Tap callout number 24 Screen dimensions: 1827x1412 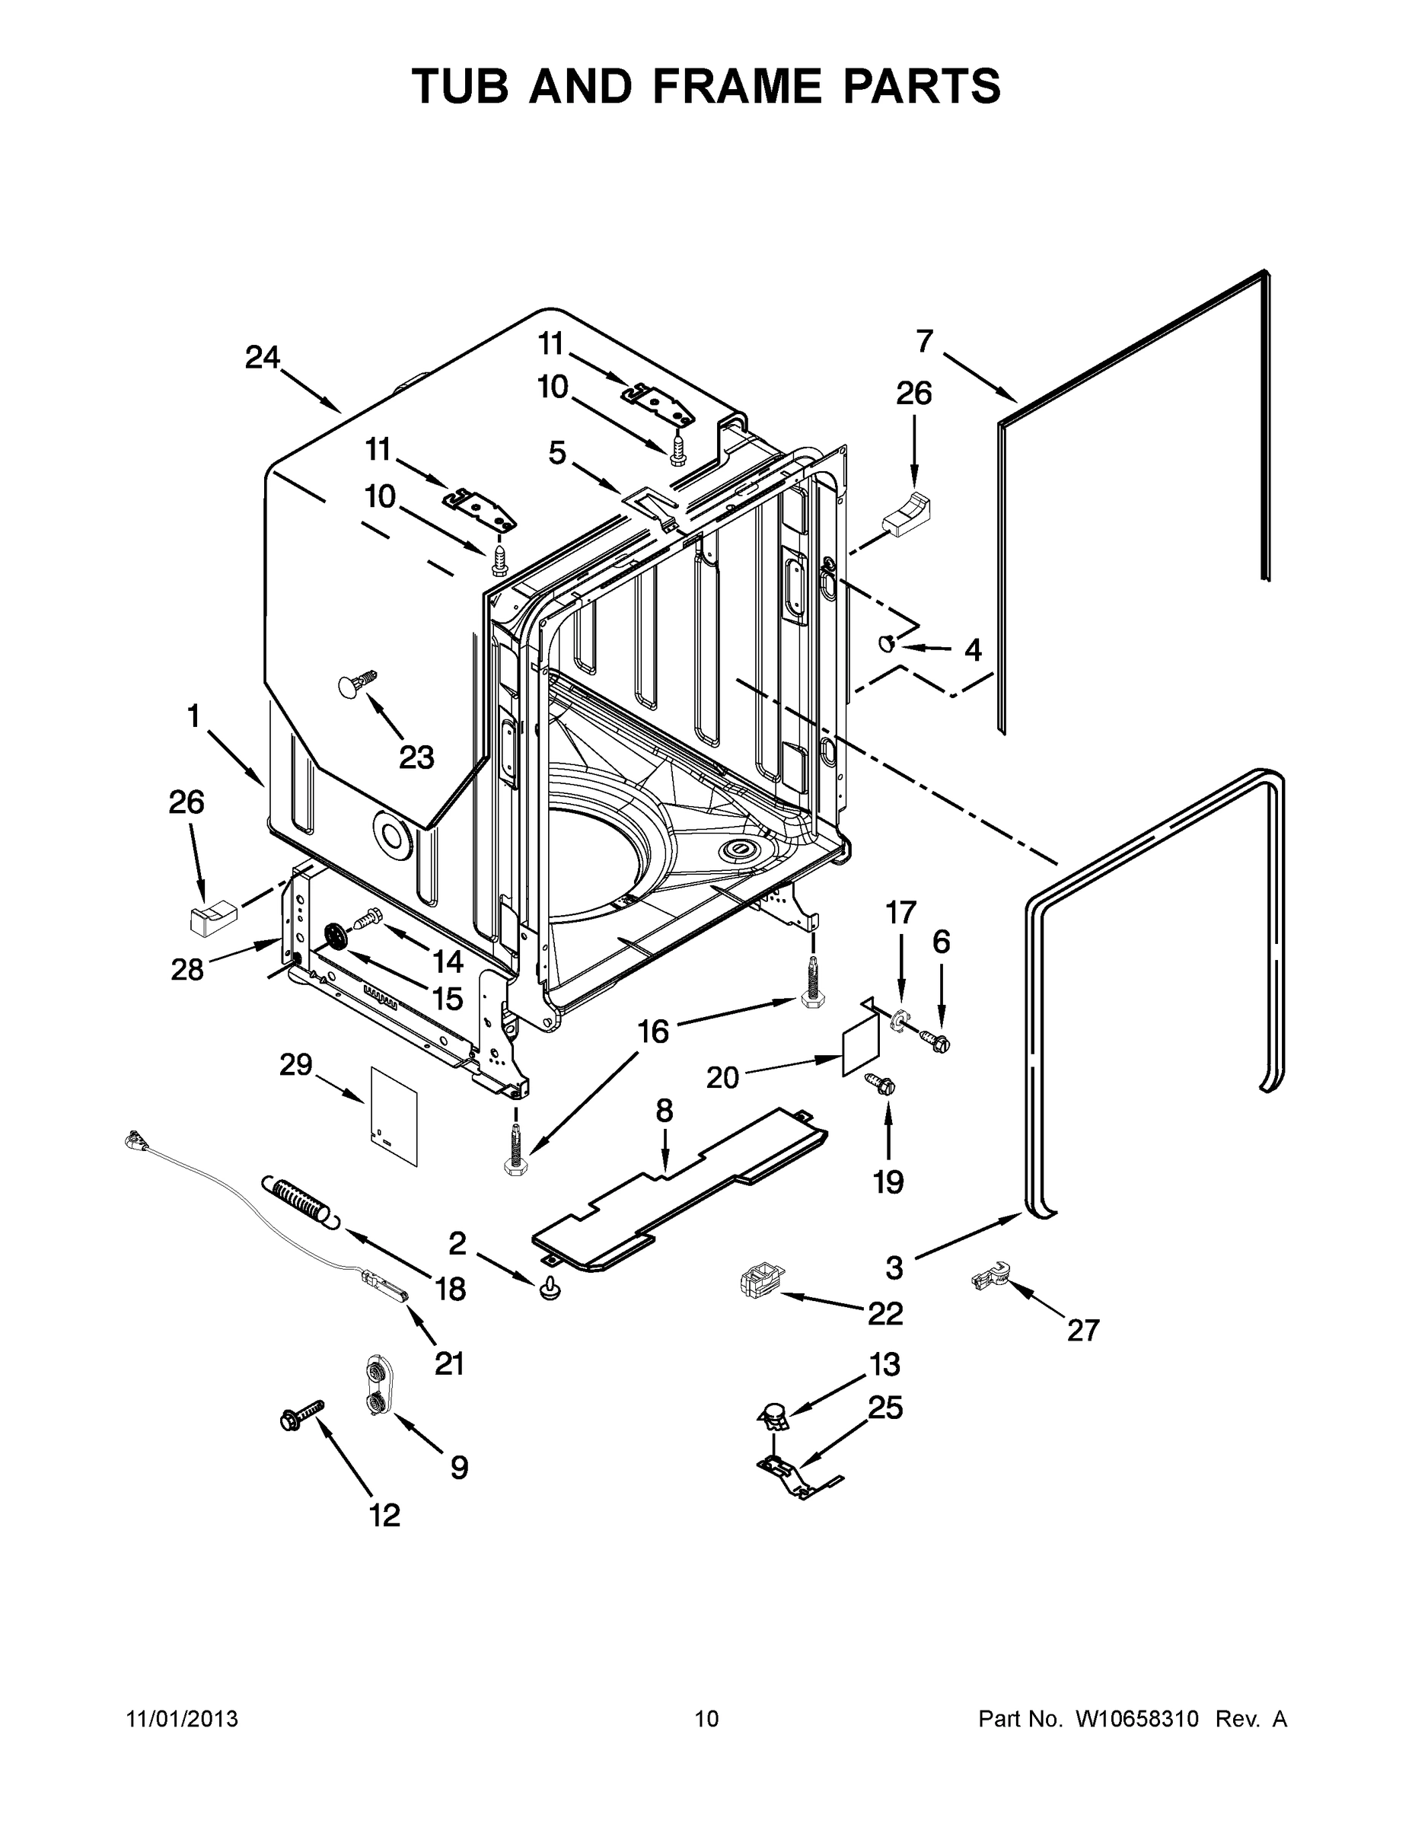(x=262, y=358)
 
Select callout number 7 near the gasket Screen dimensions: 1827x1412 (x=924, y=341)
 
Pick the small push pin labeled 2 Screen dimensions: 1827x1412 (x=550, y=1289)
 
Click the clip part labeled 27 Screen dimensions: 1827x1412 (x=991, y=1277)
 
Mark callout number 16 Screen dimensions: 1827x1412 (x=653, y=1031)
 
